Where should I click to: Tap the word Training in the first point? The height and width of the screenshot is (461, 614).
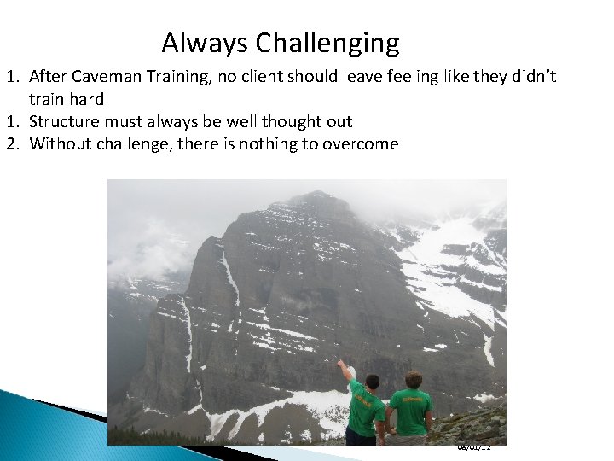pyautogui.click(x=181, y=77)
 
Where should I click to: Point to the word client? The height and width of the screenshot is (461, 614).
pyautogui.click(x=274, y=77)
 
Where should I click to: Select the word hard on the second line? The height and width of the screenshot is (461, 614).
pyautogui.click(x=85, y=99)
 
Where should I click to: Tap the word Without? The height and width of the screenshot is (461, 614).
pyautogui.click(x=61, y=143)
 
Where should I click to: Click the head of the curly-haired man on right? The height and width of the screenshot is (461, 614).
pyautogui.click(x=414, y=379)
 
